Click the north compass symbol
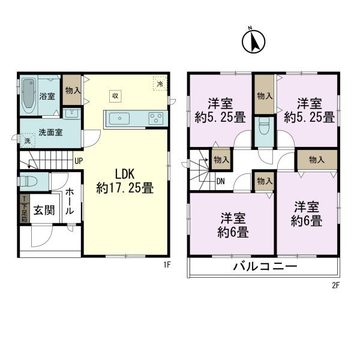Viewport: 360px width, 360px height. pyautogui.click(x=253, y=41)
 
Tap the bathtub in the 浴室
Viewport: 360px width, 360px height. pyautogui.click(x=29, y=95)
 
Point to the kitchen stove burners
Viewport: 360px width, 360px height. pyautogui.click(x=156, y=118)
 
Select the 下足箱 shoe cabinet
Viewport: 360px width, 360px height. pyautogui.click(x=24, y=208)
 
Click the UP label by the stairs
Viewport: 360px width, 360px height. pyautogui.click(x=79, y=161)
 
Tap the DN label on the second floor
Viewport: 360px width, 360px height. pyautogui.click(x=220, y=181)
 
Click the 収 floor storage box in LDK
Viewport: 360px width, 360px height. pyautogui.click(x=115, y=95)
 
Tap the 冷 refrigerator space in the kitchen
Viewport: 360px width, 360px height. pyautogui.click(x=160, y=85)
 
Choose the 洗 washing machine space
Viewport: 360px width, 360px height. pyautogui.click(x=27, y=141)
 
